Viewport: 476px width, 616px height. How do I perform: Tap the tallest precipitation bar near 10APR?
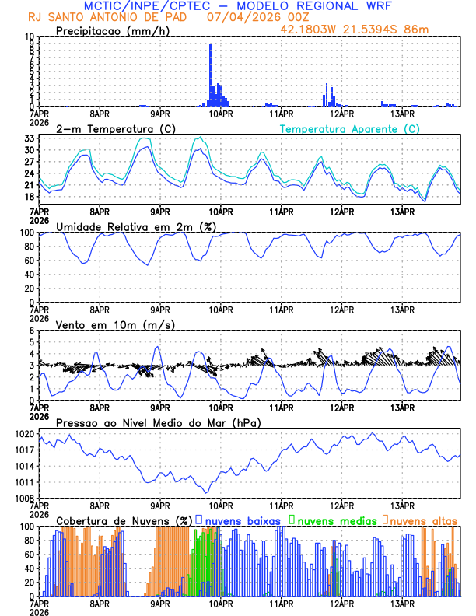[210, 75]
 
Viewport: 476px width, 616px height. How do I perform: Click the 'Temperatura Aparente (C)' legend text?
[350, 128]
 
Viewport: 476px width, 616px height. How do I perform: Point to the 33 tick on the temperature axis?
[30, 138]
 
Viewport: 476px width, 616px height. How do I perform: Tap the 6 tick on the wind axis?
[32, 331]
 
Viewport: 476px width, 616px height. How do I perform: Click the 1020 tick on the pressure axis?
[26, 433]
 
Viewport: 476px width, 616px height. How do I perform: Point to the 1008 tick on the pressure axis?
[26, 498]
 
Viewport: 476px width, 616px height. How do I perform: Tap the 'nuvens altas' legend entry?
[423, 520]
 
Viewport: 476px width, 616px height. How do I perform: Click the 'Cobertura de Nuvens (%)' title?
[124, 520]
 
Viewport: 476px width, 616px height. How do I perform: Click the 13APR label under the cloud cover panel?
[402, 603]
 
